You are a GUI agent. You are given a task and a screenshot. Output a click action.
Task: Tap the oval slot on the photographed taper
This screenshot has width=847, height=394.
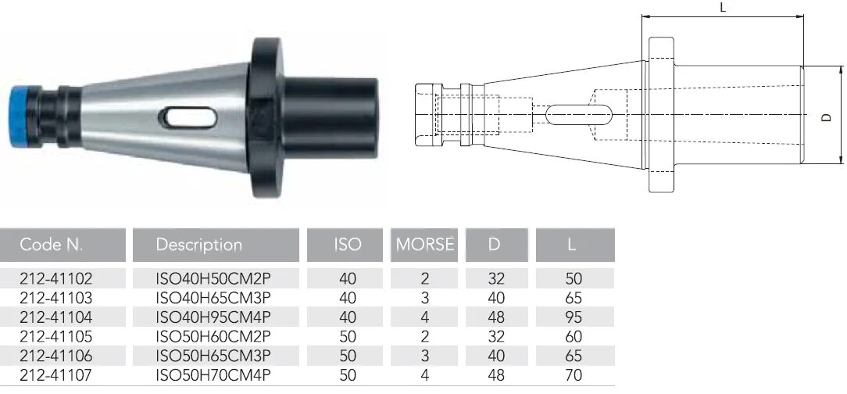tap(188, 118)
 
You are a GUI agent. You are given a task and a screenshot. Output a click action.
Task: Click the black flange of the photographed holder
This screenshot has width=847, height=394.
tap(265, 118)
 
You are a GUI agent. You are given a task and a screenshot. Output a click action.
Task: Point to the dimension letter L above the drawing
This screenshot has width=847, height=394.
tap(723, 7)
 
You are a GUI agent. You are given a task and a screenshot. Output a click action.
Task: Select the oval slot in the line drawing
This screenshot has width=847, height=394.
tap(578, 115)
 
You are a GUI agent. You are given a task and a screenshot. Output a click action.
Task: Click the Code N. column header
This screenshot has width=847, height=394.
tap(52, 245)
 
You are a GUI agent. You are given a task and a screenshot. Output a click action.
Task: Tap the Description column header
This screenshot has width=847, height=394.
tap(198, 245)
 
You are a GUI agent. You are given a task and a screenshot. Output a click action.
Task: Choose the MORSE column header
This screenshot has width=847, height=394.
tap(424, 244)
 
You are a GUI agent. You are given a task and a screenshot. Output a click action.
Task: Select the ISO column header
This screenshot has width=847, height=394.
tap(347, 244)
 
